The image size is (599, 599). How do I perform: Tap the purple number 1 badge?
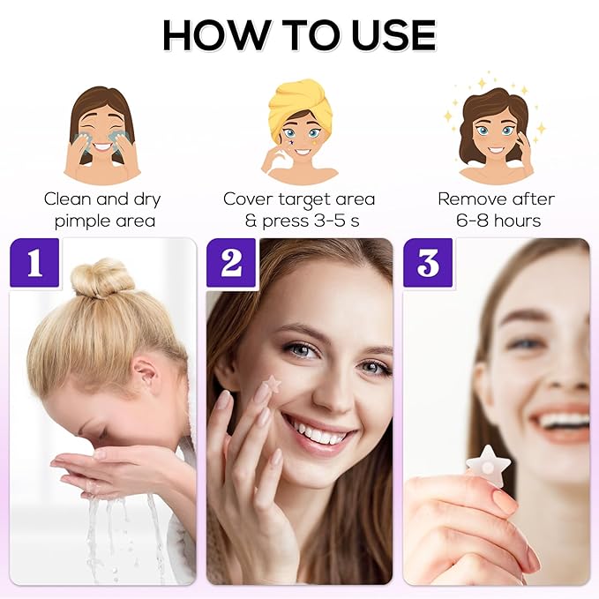click(x=34, y=262)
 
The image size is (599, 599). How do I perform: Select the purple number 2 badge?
click(x=231, y=262)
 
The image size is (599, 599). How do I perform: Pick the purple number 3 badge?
click(x=428, y=262)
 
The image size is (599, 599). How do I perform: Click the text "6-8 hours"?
click(x=498, y=220)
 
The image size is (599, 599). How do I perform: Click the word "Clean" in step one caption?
click(x=68, y=198)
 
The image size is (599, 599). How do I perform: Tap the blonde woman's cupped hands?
click(x=97, y=468)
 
